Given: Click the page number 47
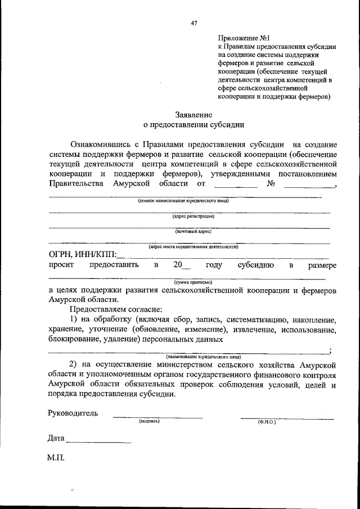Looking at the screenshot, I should [195, 23].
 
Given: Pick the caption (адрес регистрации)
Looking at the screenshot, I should [193, 215].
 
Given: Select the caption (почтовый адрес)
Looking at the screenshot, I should [193, 231].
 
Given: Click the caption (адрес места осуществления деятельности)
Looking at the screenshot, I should [193, 246].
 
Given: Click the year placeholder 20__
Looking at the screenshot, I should [181, 265].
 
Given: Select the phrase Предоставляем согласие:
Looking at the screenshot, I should [115, 309].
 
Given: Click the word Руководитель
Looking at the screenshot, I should [73, 413].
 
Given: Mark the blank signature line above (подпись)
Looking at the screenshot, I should [157, 417].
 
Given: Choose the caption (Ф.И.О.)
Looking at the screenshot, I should [267, 421].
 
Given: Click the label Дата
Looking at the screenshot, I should [56, 438].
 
